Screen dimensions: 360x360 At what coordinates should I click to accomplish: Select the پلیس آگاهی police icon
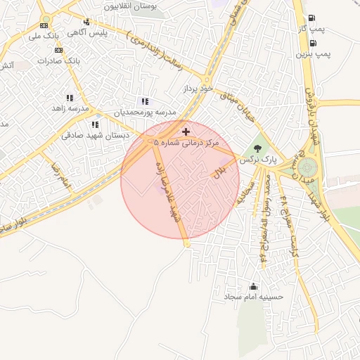click(86, 22)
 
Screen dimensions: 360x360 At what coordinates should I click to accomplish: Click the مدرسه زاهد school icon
click(70, 98)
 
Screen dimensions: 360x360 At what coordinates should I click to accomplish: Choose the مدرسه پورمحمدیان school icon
click(145, 102)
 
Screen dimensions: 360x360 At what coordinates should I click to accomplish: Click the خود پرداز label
click(197, 89)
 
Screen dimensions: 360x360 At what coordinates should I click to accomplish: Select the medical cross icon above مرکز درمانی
click(186, 131)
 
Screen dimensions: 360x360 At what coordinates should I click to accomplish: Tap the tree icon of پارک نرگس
click(259, 149)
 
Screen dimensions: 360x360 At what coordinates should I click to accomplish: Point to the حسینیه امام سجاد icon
click(253, 286)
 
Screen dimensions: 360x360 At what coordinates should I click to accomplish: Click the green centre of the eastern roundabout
click(307, 167)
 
